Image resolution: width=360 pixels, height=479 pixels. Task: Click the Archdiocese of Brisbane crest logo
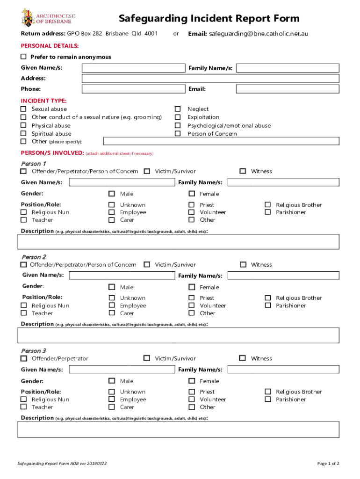tap(27, 17)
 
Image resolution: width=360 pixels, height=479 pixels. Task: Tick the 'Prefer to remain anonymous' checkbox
tap(24, 57)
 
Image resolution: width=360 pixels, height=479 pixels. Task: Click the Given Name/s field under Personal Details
tap(133, 68)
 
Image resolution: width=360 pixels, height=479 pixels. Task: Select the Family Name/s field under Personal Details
tap(288, 68)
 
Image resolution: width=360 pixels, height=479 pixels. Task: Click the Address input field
tap(210, 79)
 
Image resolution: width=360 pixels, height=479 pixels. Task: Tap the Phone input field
tap(133, 89)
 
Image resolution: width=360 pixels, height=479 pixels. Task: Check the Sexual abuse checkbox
tap(23, 109)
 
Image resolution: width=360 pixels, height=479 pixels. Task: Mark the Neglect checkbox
tap(178, 109)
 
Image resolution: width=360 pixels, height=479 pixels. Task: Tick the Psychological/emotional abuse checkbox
tap(178, 125)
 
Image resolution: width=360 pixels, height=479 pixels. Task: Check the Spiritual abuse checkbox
tap(23, 134)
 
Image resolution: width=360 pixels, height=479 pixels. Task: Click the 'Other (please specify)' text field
tap(221, 141)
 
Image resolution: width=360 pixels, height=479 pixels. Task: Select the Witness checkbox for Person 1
tap(243, 171)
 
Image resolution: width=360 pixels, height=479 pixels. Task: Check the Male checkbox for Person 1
tap(112, 194)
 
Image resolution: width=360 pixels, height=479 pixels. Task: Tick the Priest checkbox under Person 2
tap(192, 298)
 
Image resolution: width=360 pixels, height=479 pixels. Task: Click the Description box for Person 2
tap(179, 335)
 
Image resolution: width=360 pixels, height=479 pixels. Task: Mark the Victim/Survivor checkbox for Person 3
tap(147, 358)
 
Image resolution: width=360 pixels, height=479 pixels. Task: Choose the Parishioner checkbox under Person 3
tap(267, 399)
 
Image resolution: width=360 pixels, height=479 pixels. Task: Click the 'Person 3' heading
tap(34, 351)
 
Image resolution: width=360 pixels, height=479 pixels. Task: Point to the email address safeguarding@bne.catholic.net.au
tap(259, 34)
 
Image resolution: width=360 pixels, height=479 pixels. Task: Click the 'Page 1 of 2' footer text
tap(328, 464)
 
